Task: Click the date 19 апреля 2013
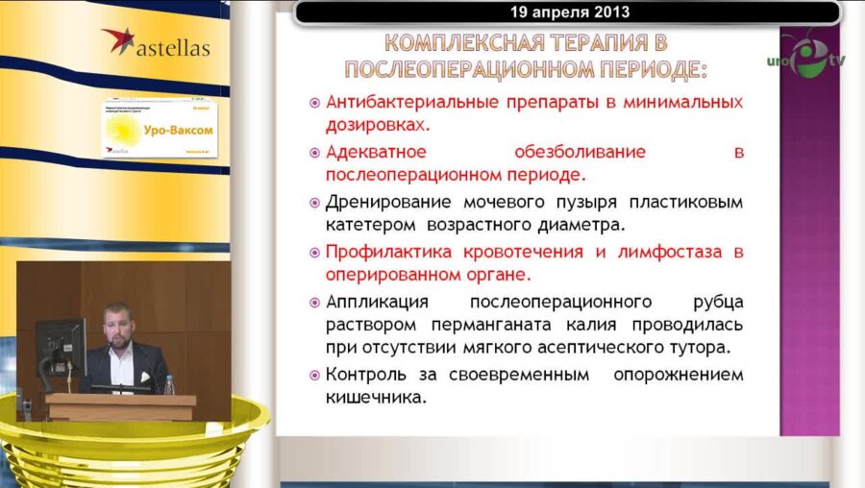tap(565, 12)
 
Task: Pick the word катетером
tap(368, 227)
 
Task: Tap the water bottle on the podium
tap(168, 384)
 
